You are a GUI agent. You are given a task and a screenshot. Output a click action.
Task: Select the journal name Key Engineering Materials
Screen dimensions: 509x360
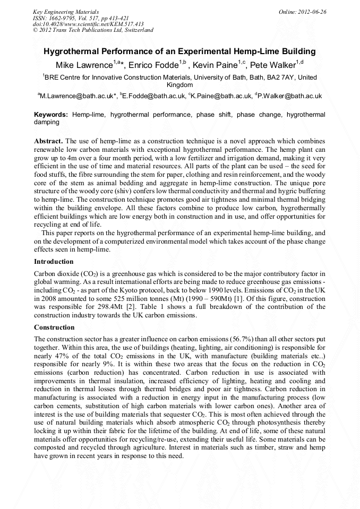tap(66, 11)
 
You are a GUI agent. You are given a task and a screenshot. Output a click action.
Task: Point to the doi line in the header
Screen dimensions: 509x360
tap(88, 24)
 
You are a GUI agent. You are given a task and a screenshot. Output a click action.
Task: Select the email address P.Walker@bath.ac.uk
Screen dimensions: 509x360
tap(290, 96)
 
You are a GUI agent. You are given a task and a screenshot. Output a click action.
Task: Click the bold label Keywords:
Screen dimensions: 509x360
tap(51, 114)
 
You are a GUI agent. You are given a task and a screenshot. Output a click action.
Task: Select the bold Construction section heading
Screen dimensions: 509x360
tap(54, 327)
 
